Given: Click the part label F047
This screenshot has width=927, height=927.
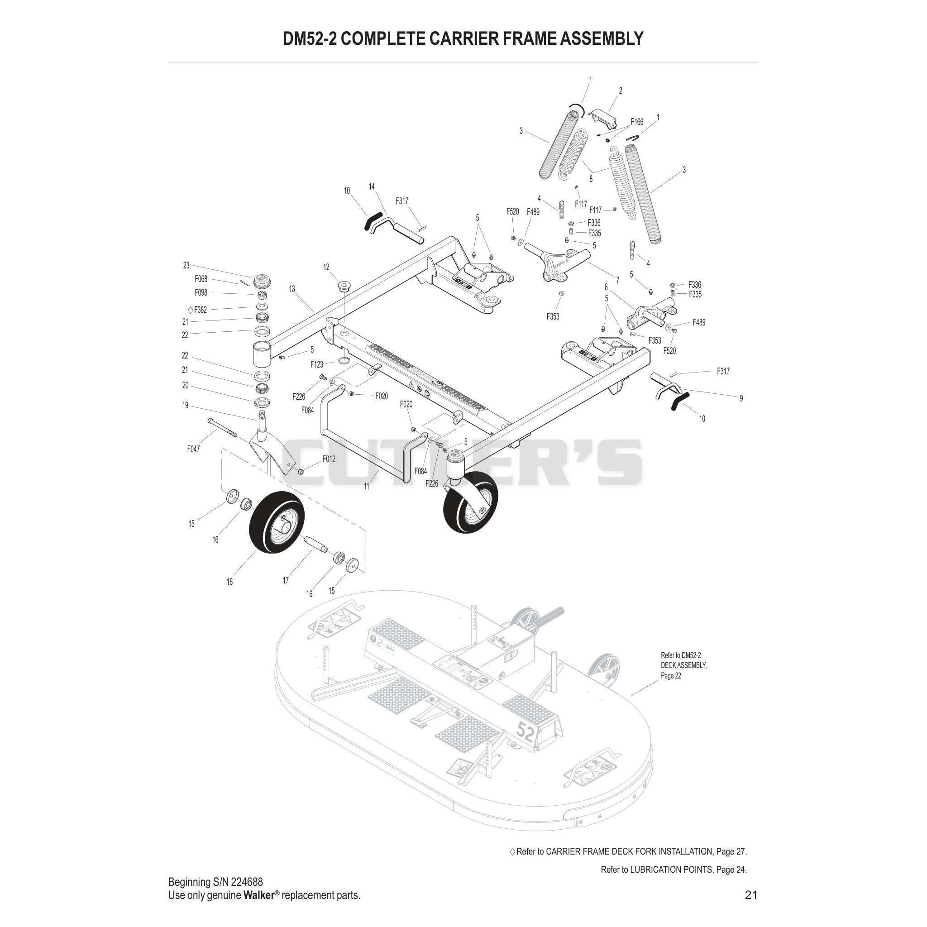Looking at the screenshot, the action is [193, 449].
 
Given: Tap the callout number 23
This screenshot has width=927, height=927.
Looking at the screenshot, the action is [186, 265].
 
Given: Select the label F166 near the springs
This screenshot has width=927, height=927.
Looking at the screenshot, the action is [637, 122].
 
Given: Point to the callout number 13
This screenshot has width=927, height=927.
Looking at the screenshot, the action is [292, 289].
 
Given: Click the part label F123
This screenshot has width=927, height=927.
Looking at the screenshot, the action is [317, 365].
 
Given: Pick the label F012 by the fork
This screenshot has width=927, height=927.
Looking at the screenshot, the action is [329, 459].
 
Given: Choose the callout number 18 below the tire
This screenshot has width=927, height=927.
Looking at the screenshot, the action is [229, 582].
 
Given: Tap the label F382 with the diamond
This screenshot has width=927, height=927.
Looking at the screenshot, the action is [197, 310].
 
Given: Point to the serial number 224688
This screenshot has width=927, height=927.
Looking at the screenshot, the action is [247, 881].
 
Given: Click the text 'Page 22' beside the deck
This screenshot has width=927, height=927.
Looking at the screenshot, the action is [671, 676].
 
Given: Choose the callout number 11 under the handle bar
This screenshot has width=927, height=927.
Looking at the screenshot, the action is [367, 486].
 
